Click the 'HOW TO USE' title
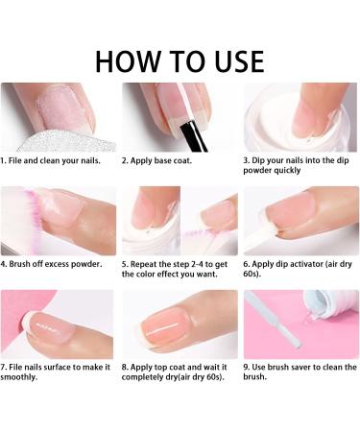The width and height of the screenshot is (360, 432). point(180,61)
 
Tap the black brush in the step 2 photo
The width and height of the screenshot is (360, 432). point(193,136)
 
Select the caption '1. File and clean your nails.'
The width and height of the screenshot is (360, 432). point(50,160)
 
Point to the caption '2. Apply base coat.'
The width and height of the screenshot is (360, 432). point(156,160)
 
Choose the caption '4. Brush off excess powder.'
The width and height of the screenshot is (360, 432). point(51,264)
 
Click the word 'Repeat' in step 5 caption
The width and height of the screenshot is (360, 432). point(144,265)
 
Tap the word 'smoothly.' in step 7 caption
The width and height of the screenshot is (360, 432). point(19,377)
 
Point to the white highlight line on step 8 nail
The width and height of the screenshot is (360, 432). point(163,329)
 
